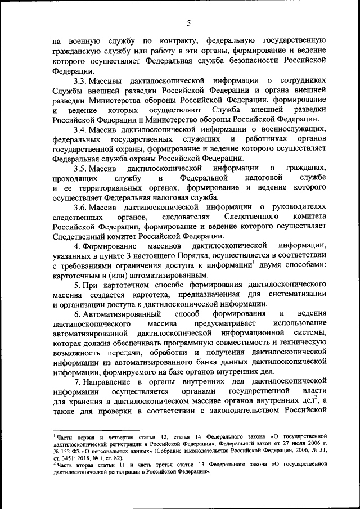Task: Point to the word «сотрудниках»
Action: pos(304,80)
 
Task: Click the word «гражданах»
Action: pos(306,168)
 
